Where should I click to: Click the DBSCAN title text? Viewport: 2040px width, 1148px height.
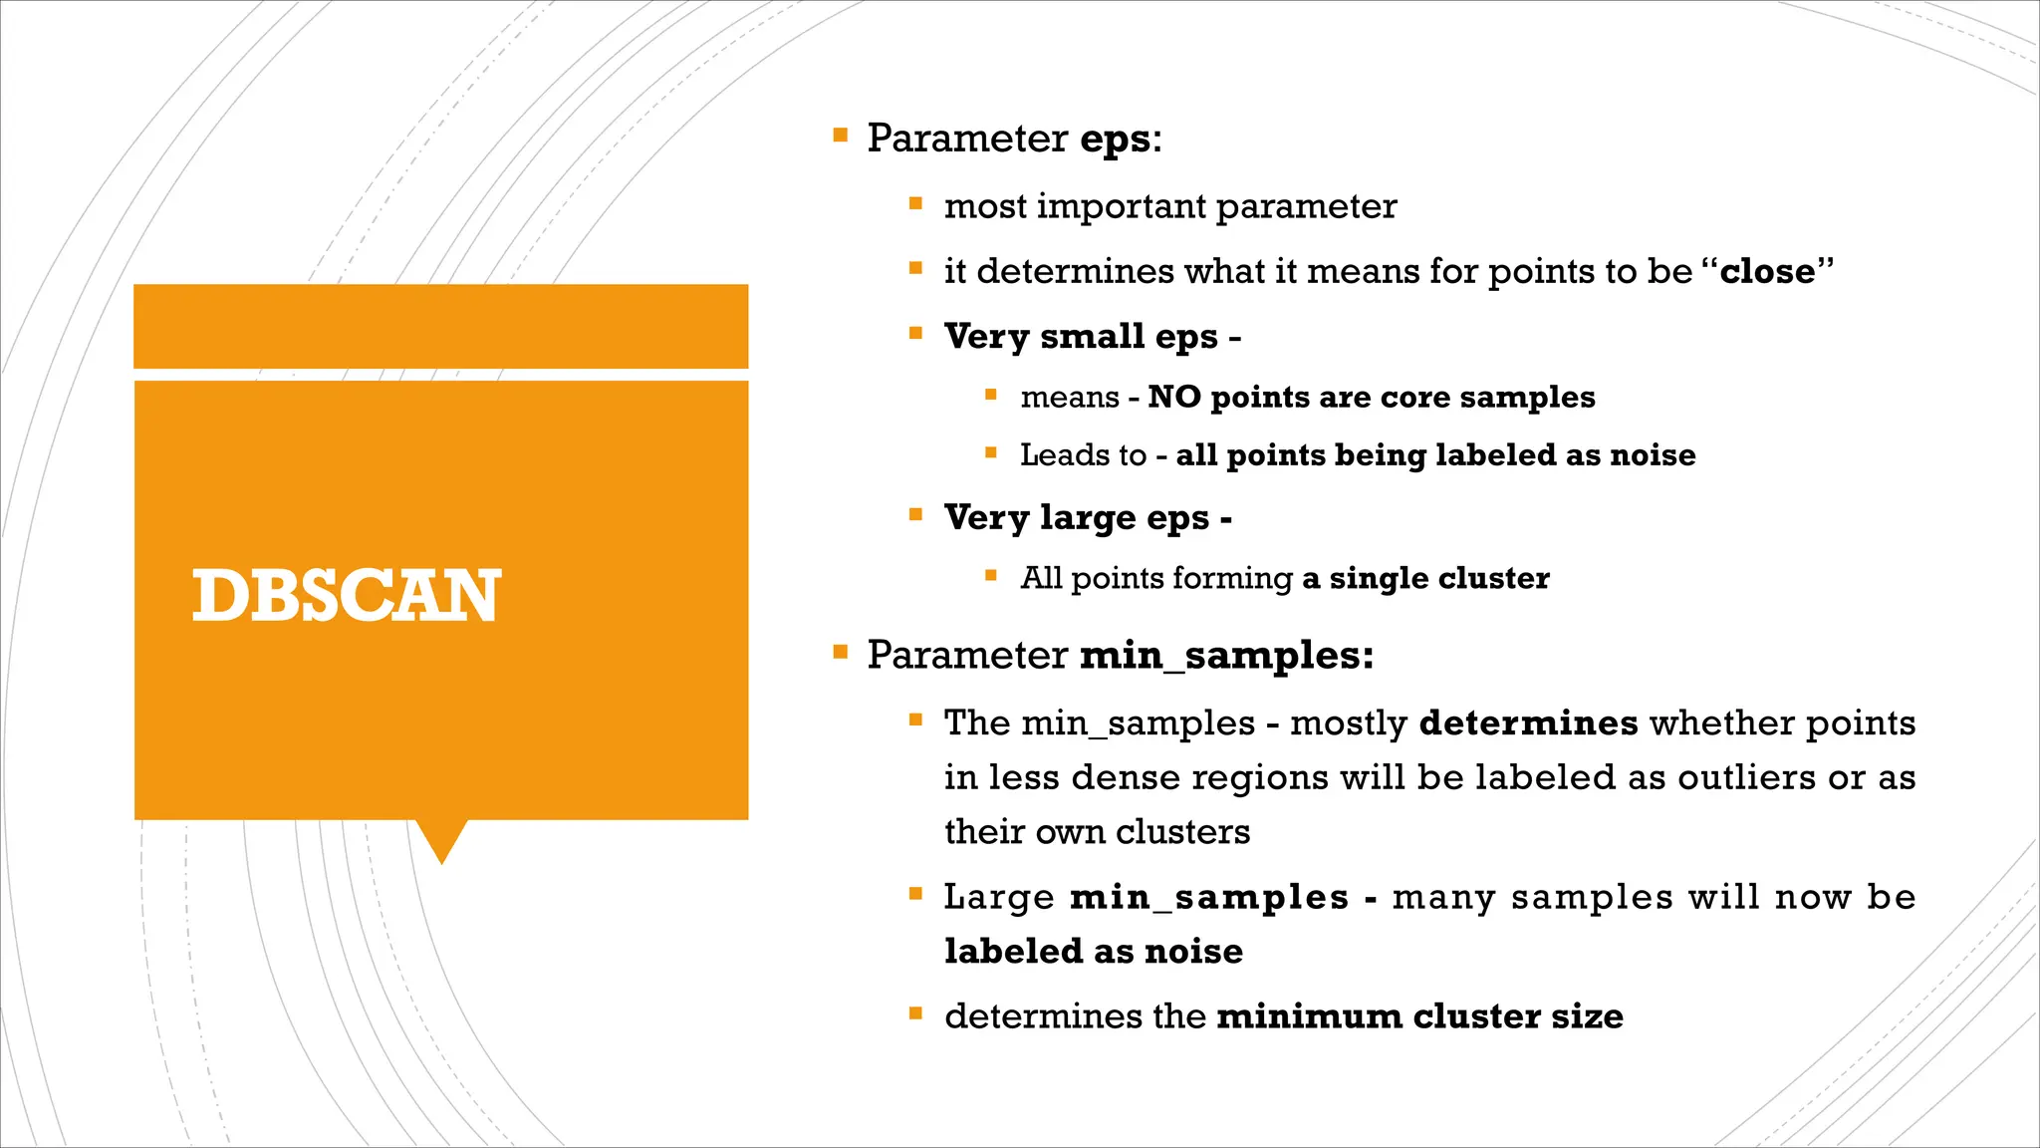pos(346,596)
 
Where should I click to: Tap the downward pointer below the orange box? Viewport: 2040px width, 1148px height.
pos(440,839)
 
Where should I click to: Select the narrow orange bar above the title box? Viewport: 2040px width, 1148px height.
pos(440,326)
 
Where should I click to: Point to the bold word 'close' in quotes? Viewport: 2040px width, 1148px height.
pos(1767,271)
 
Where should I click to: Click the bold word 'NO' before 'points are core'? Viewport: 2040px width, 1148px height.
pos(1173,397)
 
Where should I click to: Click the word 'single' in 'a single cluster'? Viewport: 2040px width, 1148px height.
pos(1379,578)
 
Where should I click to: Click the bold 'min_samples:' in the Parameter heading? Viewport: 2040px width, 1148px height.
pos(1226,656)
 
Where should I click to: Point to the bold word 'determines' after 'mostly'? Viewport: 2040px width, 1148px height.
pos(1528,722)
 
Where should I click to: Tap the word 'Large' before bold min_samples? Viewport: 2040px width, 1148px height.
pos(999,897)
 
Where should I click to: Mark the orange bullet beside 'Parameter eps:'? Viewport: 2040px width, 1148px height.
pos(840,135)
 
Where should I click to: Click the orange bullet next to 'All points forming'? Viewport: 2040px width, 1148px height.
pos(990,575)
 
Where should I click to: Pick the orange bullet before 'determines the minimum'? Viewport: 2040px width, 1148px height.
pos(915,1013)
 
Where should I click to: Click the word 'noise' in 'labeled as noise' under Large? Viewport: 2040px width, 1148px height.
pos(1193,952)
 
